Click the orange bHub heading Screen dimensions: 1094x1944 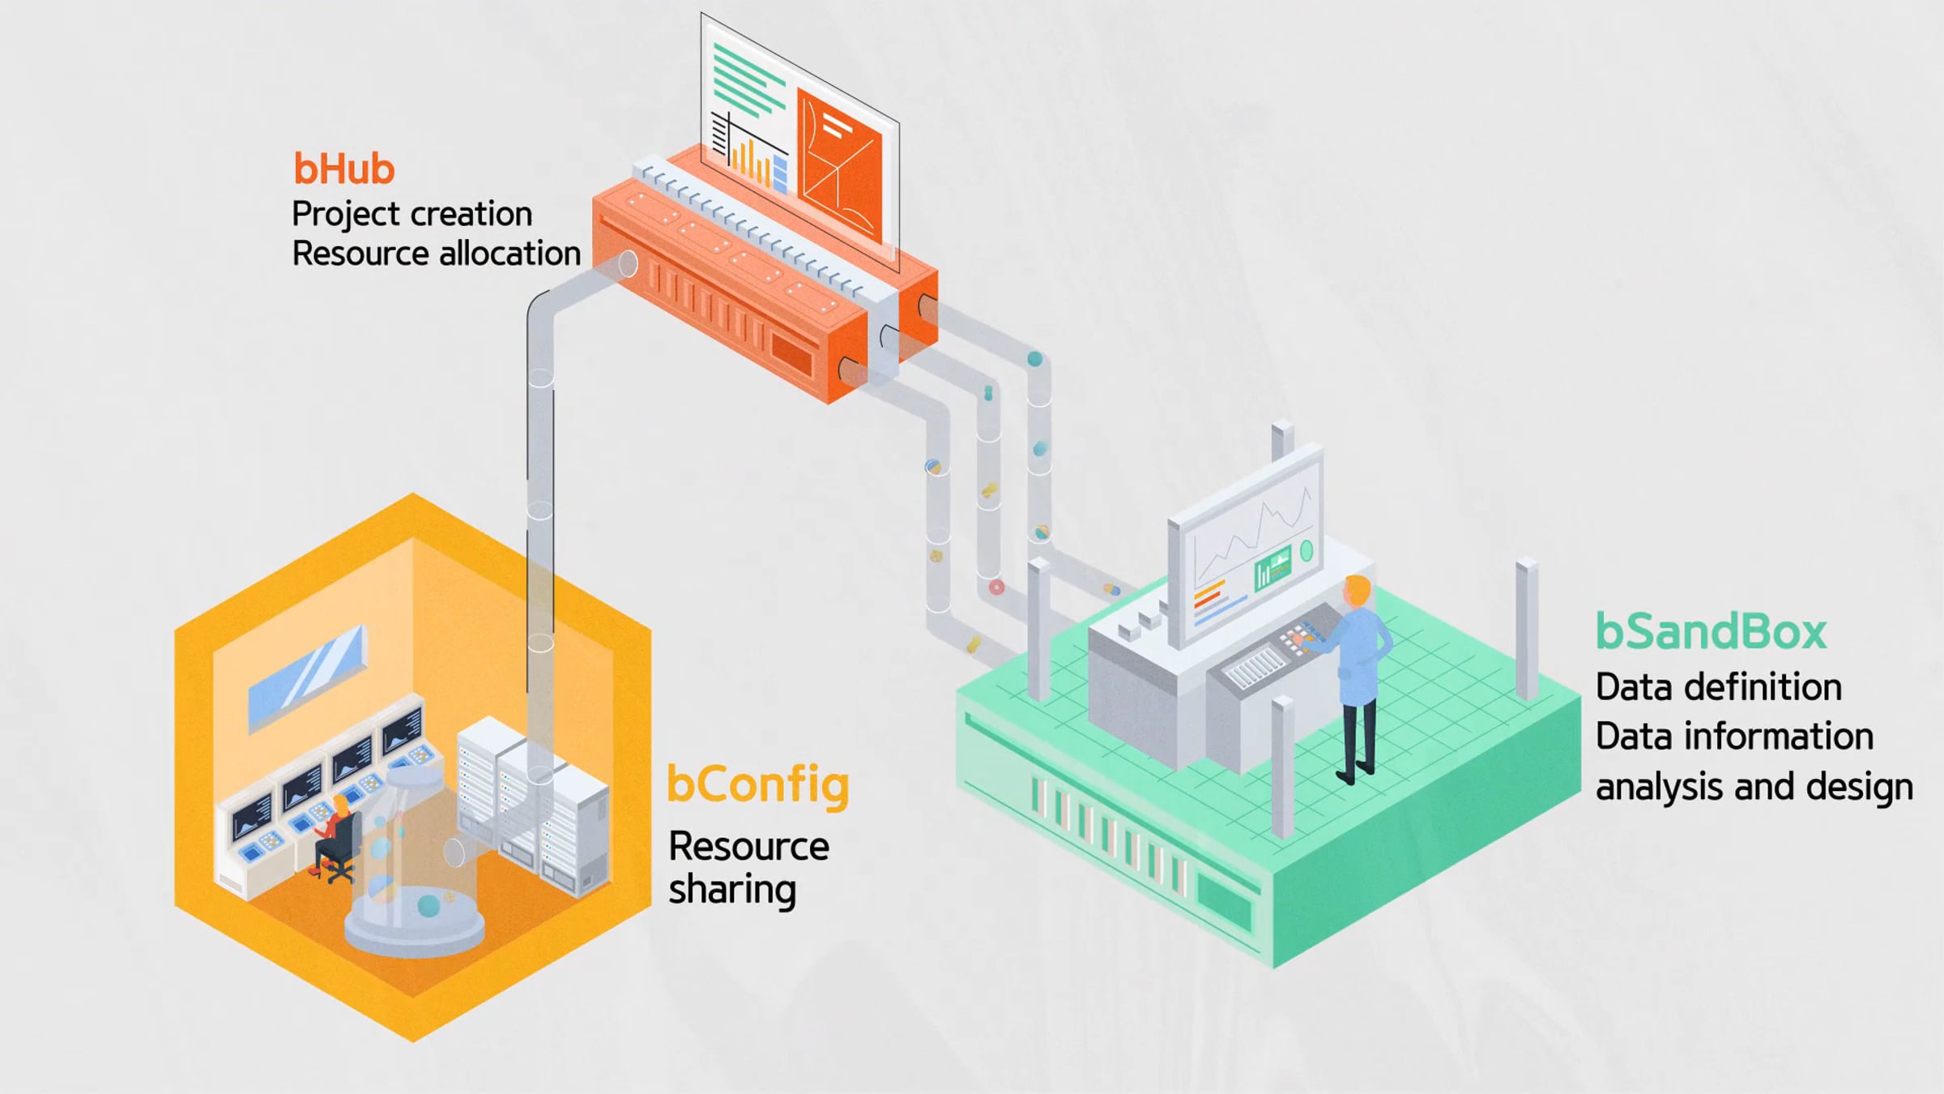click(x=343, y=169)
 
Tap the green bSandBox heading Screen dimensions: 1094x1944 click(x=1711, y=632)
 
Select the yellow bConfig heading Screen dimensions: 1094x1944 click(x=757, y=784)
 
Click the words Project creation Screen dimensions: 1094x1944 click(x=411, y=215)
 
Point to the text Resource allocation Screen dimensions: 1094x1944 click(x=436, y=254)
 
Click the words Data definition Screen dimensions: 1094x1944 click(x=1718, y=687)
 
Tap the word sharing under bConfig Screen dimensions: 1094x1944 click(x=732, y=890)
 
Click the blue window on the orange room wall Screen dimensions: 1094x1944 click(x=306, y=677)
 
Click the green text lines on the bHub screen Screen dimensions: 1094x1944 click(x=747, y=81)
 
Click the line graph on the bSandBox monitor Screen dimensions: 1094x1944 click(x=1251, y=535)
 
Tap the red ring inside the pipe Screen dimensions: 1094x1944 click(x=996, y=587)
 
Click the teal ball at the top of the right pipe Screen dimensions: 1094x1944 click(x=1034, y=358)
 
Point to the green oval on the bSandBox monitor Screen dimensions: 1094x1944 click(x=1306, y=552)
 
